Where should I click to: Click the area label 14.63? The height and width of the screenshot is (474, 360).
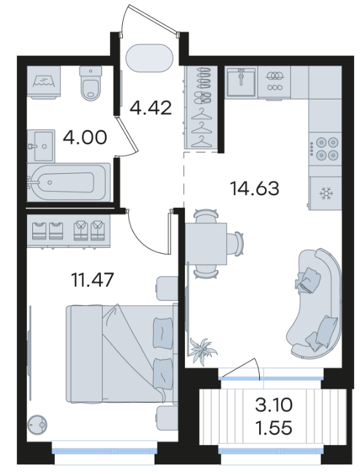coord(255,189)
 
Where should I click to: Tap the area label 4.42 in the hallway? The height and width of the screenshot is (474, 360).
coord(151,108)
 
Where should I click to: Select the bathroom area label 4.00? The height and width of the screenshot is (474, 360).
coord(85,138)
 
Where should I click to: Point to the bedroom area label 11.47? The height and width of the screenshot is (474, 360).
coord(92,280)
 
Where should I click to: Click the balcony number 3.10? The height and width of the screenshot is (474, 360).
coord(274,405)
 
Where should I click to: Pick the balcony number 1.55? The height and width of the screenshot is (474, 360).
coord(274,428)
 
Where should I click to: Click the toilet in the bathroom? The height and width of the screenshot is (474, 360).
coord(90,83)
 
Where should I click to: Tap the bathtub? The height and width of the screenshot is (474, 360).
coord(69,182)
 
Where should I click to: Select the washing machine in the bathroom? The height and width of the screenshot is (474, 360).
coord(44,82)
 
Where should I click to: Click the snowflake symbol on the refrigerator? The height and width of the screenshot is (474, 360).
coord(326,194)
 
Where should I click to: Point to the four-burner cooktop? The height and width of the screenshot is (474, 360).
coord(325,149)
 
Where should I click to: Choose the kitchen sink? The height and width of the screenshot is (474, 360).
coord(241,81)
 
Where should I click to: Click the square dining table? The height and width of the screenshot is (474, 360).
coord(206,243)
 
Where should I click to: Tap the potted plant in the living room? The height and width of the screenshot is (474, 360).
coord(202,351)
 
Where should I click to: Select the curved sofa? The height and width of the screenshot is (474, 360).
coord(315,302)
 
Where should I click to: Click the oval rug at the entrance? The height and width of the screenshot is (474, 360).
coord(149,58)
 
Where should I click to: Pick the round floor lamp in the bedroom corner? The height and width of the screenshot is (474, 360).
coord(37,425)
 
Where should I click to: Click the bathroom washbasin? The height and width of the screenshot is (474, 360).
coord(41,146)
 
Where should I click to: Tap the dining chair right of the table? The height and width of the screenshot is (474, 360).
coord(236,243)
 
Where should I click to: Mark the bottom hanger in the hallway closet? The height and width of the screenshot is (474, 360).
coord(201,141)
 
